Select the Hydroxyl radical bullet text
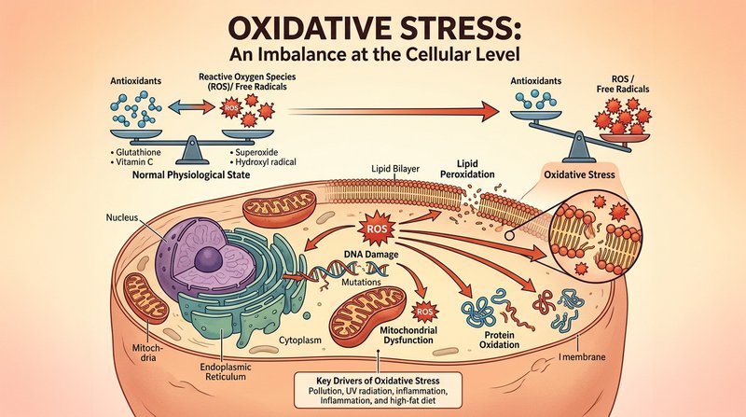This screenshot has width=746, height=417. pyautogui.click(x=266, y=161)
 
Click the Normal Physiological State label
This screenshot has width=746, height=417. pyautogui.click(x=191, y=174)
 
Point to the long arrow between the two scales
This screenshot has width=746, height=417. pyautogui.click(x=394, y=111)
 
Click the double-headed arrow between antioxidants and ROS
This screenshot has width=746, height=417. pyautogui.click(x=191, y=107)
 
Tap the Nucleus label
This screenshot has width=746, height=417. pyautogui.click(x=122, y=217)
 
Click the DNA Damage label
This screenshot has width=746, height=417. pyautogui.click(x=370, y=254)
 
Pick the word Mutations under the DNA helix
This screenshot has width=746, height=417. pyautogui.click(x=361, y=282)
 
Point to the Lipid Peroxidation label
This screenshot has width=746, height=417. pyautogui.click(x=467, y=169)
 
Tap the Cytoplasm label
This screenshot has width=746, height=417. pyautogui.click(x=299, y=341)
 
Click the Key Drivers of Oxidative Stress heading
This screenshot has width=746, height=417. pyautogui.click(x=378, y=381)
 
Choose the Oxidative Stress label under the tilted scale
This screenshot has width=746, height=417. pyautogui.click(x=579, y=174)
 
